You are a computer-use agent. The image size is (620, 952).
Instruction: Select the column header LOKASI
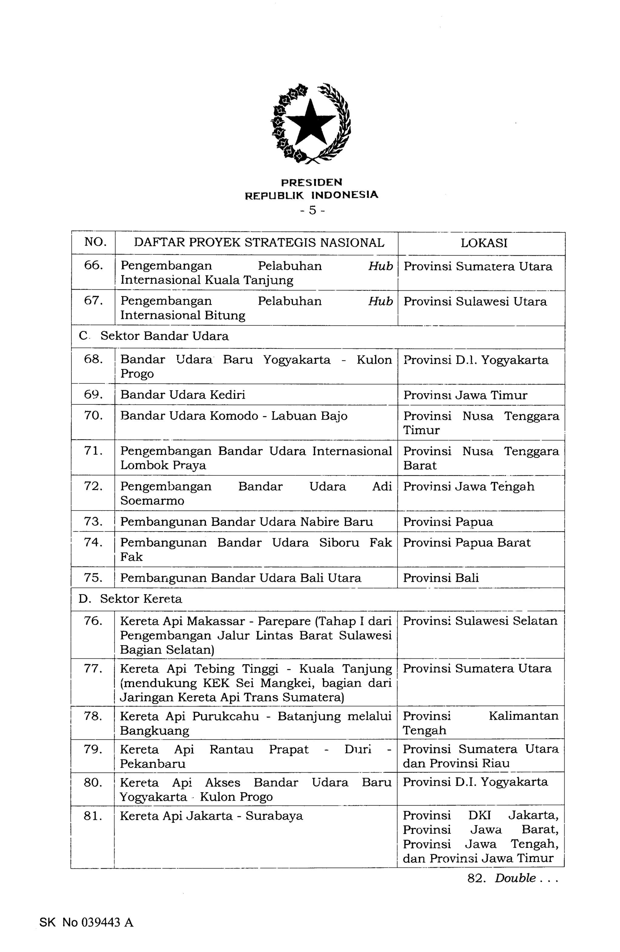tap(484, 243)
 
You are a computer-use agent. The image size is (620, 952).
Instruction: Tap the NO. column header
tap(95, 242)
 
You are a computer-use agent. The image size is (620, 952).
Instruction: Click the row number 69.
tap(93, 394)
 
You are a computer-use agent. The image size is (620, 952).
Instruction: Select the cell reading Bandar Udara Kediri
tap(183, 395)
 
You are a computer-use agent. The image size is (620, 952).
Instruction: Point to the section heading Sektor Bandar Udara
tap(164, 336)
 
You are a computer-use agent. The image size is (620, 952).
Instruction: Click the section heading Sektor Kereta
tap(141, 599)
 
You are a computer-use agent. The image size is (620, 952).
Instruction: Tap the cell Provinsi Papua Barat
tap(467, 543)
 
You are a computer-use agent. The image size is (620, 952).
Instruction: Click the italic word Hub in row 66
tap(380, 266)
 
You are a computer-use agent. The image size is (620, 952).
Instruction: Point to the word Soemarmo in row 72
tap(152, 501)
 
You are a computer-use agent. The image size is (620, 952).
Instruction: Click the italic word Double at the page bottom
tap(515, 878)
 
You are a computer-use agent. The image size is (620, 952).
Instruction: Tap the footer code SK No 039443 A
tap(86, 922)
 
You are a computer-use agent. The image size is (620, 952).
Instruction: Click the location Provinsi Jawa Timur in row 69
tap(465, 395)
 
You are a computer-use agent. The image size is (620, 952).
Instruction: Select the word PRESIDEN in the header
tap(312, 183)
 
